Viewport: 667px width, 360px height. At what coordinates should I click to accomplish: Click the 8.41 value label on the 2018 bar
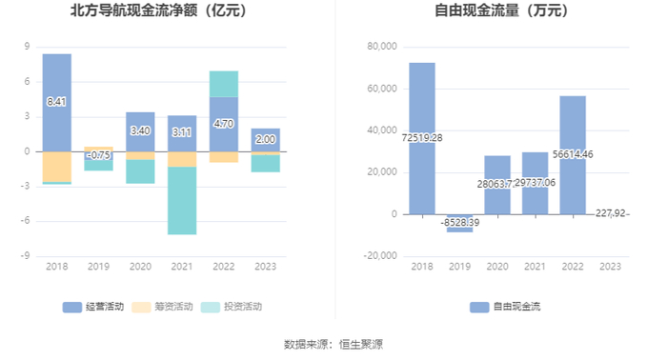tap(56, 102)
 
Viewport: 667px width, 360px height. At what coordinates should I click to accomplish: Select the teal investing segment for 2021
tap(182, 200)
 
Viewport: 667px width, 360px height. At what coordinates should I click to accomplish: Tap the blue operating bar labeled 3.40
tap(140, 131)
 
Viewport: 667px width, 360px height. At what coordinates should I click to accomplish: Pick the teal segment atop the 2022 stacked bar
tap(224, 84)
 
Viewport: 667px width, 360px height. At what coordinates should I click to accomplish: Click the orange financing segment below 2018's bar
tap(57, 167)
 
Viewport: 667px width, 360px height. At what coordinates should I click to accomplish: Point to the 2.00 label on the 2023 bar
tap(266, 139)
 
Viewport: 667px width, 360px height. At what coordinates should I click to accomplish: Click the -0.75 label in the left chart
tap(99, 155)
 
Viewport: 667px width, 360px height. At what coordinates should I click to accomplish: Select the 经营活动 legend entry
tap(93, 307)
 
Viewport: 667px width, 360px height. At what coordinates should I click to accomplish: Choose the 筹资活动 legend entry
tap(162, 307)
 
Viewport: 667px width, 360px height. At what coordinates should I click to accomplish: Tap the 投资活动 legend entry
tap(232, 307)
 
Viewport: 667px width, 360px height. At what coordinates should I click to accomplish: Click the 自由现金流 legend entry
tap(505, 307)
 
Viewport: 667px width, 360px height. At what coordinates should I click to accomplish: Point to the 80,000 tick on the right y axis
tap(382, 47)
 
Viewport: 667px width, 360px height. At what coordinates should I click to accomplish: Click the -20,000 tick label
tap(380, 256)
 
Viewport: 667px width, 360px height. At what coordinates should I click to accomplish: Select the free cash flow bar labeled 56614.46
tap(573, 155)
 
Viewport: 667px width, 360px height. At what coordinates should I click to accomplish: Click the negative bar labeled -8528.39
tap(460, 223)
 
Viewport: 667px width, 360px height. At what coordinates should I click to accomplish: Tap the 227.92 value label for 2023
tap(611, 213)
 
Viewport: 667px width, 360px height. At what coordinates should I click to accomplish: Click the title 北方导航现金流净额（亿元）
tap(159, 10)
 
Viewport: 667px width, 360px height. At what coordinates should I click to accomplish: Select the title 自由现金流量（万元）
tap(501, 10)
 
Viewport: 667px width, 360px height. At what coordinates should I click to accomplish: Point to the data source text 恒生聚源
tap(361, 344)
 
